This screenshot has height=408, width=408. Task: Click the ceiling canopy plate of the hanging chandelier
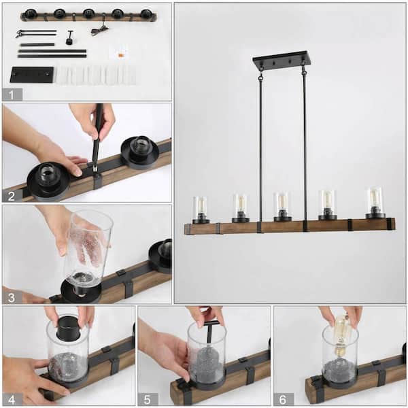pyautogui.click(x=282, y=61)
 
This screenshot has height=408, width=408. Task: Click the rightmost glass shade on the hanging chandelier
pyautogui.click(x=375, y=201)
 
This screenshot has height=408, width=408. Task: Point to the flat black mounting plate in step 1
pyautogui.click(x=31, y=75)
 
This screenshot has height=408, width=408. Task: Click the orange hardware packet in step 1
pyautogui.click(x=122, y=52)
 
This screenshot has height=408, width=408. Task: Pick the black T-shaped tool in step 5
pyautogui.click(x=211, y=335)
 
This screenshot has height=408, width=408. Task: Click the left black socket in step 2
pyautogui.click(x=48, y=178)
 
